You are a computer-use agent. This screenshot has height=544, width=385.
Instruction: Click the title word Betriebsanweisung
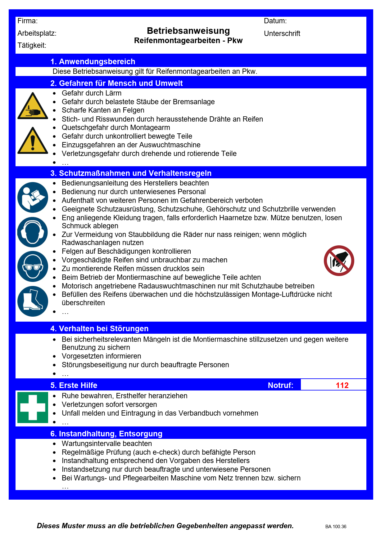click(188, 31)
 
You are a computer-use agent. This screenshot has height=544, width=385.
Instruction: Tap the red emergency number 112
click(342, 385)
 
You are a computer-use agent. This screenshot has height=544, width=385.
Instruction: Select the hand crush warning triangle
click(33, 106)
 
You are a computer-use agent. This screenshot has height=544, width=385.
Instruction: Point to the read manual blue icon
click(33, 197)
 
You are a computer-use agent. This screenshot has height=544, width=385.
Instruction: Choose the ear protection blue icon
click(33, 232)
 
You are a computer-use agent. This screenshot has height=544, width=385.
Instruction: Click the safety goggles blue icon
click(33, 266)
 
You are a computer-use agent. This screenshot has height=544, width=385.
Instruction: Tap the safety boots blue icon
click(33, 301)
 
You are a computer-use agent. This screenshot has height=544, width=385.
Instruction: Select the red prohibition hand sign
click(339, 261)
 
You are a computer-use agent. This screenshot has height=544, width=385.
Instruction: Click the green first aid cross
click(33, 407)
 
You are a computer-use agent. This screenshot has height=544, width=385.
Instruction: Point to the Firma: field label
click(28, 21)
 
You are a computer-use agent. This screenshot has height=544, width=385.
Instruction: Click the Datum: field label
click(275, 21)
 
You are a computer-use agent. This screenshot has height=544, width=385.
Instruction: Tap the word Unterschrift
click(282, 33)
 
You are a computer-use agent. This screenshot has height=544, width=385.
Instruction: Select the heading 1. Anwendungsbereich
click(93, 61)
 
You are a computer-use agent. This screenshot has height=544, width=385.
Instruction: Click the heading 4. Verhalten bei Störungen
click(99, 328)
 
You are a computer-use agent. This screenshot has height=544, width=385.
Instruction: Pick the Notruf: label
click(280, 385)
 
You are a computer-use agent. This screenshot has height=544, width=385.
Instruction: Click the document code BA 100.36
click(336, 527)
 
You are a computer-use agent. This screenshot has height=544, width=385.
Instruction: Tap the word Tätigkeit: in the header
click(32, 46)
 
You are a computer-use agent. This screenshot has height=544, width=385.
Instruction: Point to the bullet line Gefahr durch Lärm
click(91, 93)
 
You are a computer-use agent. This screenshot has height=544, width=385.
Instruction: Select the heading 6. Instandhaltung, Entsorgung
click(106, 434)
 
